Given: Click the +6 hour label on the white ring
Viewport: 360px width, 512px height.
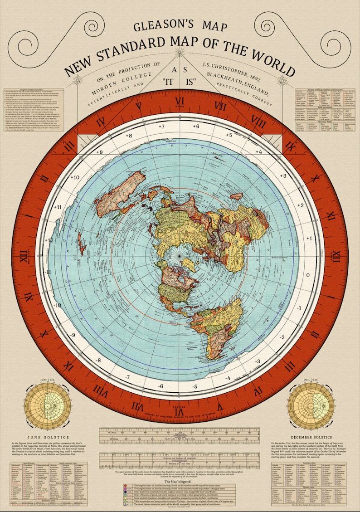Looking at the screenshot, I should (x=195, y=126).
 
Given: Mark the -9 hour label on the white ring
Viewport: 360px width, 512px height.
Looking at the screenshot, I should (x=72, y=335).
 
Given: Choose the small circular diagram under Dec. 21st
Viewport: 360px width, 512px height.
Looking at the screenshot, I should (x=308, y=405).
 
